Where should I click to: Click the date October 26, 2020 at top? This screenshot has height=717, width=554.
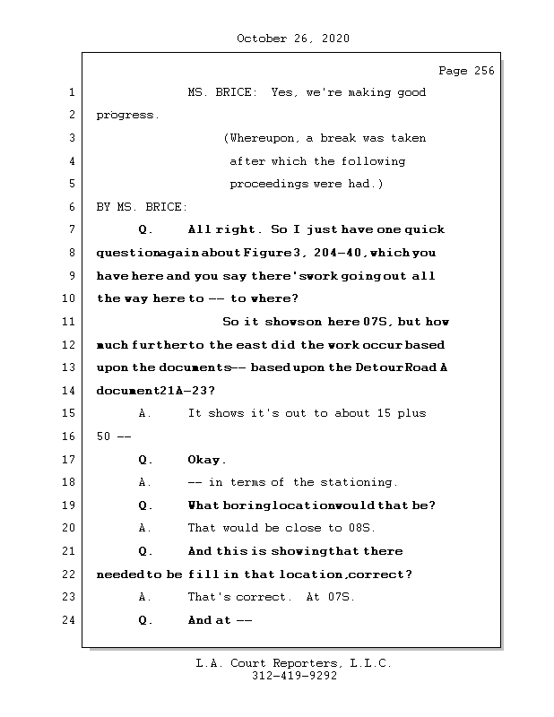click(x=292, y=39)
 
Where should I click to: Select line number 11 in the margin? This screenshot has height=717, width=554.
click(x=72, y=322)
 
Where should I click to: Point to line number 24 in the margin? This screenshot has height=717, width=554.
click(x=72, y=620)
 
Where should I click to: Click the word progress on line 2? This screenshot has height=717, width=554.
click(x=126, y=116)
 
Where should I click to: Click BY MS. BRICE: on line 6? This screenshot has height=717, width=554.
click(x=142, y=207)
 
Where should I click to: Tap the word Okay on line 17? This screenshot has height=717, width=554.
click(x=205, y=460)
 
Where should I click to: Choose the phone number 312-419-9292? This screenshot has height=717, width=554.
click(x=293, y=677)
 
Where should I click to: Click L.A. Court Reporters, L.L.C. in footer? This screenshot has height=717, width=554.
click(x=293, y=663)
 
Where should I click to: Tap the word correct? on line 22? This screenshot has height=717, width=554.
click(x=394, y=574)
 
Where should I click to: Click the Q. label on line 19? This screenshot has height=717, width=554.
click(x=146, y=505)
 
